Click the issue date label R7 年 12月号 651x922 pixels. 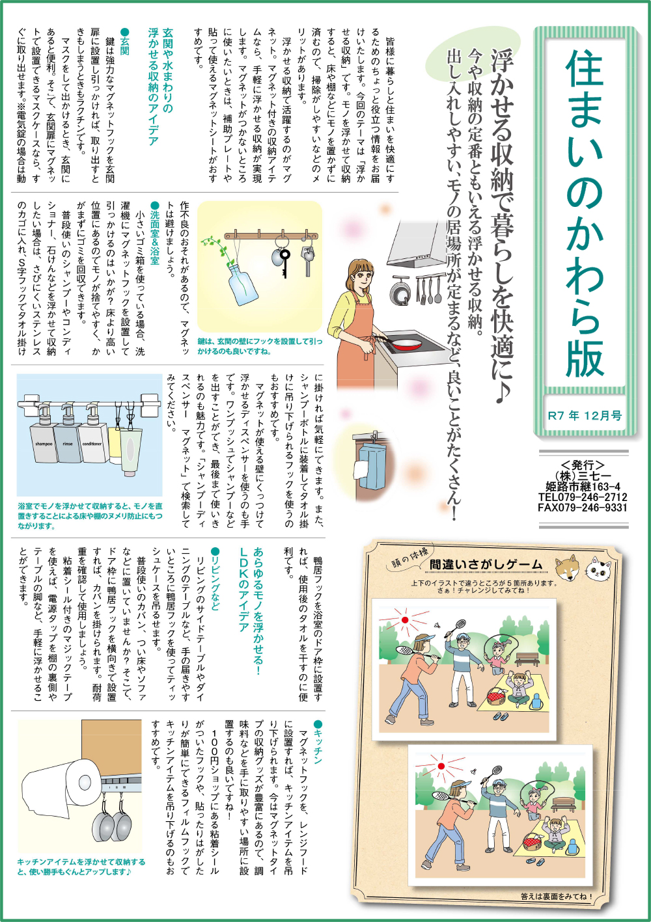click(x=585, y=416)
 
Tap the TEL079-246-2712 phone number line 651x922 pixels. click(x=583, y=497)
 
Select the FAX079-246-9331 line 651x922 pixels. click(x=583, y=508)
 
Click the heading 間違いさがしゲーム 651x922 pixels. click(x=486, y=564)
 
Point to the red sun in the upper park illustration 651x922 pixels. click(x=405, y=619)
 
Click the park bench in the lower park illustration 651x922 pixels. click(x=564, y=804)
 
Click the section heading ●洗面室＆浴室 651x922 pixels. click(x=154, y=232)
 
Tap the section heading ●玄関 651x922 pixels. click(x=125, y=41)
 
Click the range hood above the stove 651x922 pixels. click(x=420, y=243)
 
